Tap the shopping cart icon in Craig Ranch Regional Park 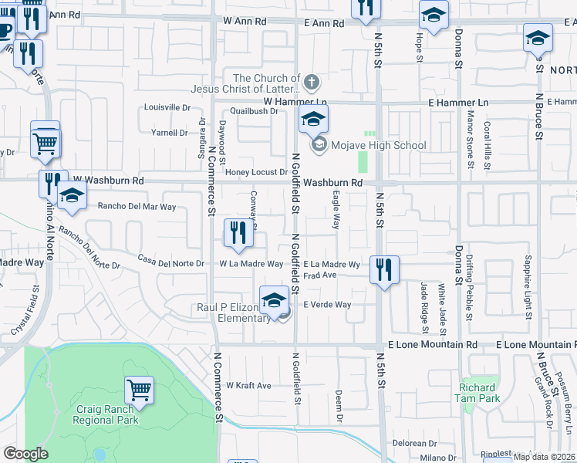139,390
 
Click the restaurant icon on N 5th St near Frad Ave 383,270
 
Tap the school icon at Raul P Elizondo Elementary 274,300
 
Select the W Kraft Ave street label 248,385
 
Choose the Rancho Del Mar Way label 137,207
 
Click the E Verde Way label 327,305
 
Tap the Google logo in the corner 25,453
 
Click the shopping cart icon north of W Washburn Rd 46,140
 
